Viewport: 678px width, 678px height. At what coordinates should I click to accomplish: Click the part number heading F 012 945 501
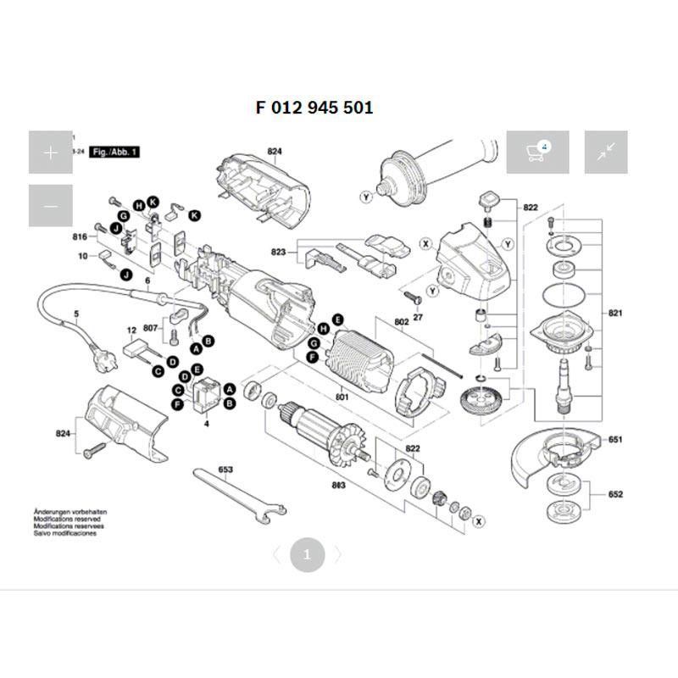click(314, 108)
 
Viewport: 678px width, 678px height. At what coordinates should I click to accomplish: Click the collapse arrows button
click(605, 153)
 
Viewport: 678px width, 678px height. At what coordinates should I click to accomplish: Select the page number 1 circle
click(307, 556)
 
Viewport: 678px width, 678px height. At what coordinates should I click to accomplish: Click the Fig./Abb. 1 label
click(115, 151)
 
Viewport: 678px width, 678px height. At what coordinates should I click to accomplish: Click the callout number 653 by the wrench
click(225, 469)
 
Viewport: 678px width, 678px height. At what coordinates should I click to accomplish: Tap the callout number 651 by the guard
click(615, 440)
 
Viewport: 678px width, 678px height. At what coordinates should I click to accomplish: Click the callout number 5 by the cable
click(76, 314)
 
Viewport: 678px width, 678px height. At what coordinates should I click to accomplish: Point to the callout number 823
click(278, 253)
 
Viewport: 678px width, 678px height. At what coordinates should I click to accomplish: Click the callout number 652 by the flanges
click(615, 494)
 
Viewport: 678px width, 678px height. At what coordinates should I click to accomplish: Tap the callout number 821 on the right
click(615, 314)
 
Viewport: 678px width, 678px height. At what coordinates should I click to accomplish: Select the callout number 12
click(131, 329)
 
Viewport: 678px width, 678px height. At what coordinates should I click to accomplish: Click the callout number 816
click(80, 236)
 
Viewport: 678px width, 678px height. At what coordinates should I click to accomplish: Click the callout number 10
click(83, 255)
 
